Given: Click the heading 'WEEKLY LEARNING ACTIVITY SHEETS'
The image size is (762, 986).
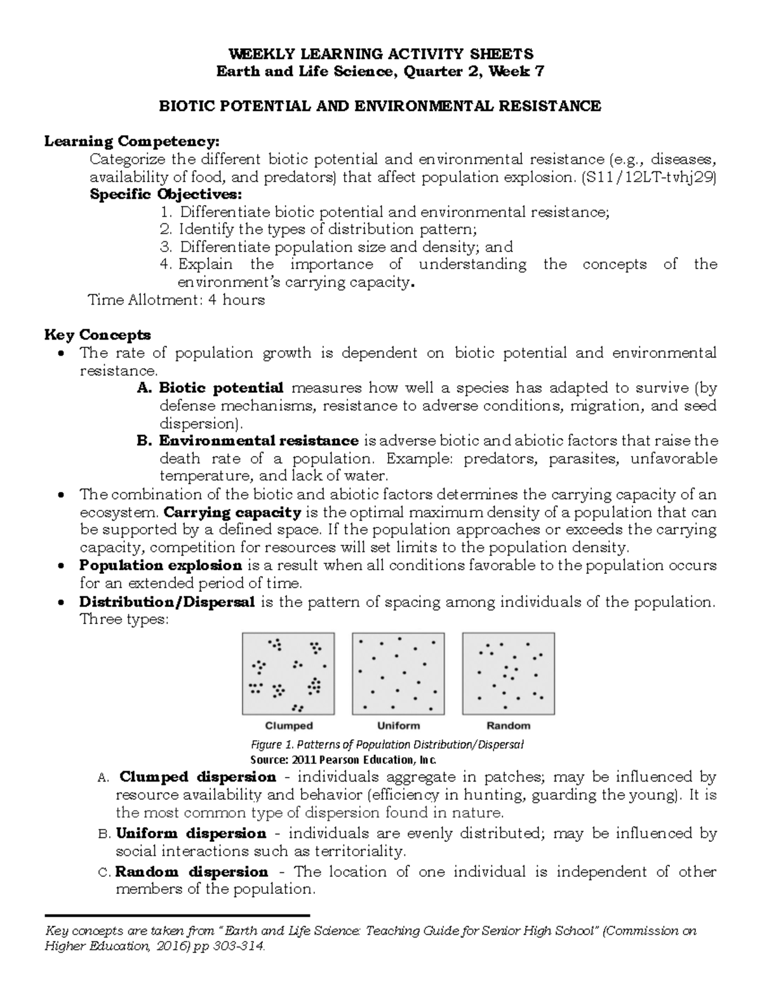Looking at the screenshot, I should pos(380,53).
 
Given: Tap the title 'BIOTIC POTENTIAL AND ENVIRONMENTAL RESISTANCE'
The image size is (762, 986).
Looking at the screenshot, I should pos(380,106).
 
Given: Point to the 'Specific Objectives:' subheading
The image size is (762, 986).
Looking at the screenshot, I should pos(166,194).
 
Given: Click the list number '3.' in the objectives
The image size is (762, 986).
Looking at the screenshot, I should pos(166,247).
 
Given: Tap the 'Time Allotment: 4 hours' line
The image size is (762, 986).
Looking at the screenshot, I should pos(176,300).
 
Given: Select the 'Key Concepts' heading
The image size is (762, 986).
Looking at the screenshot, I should pos(97,335).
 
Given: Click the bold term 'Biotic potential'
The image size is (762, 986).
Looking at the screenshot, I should pos(221,387).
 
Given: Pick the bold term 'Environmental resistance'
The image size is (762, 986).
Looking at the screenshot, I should pos(258,441).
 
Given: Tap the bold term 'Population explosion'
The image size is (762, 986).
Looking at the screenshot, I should pos(161,565).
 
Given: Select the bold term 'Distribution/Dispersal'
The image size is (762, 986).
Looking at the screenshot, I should pos(167,601).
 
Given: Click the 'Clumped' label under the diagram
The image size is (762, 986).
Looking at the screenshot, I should pos(289,725).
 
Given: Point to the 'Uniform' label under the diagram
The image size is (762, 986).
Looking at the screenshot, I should pos(399,725).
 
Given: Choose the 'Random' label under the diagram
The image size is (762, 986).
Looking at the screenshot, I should pos(508,725).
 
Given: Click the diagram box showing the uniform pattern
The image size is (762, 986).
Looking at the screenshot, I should pos(398,674).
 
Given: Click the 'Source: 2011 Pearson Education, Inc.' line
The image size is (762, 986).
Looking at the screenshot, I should pos(345,759).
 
